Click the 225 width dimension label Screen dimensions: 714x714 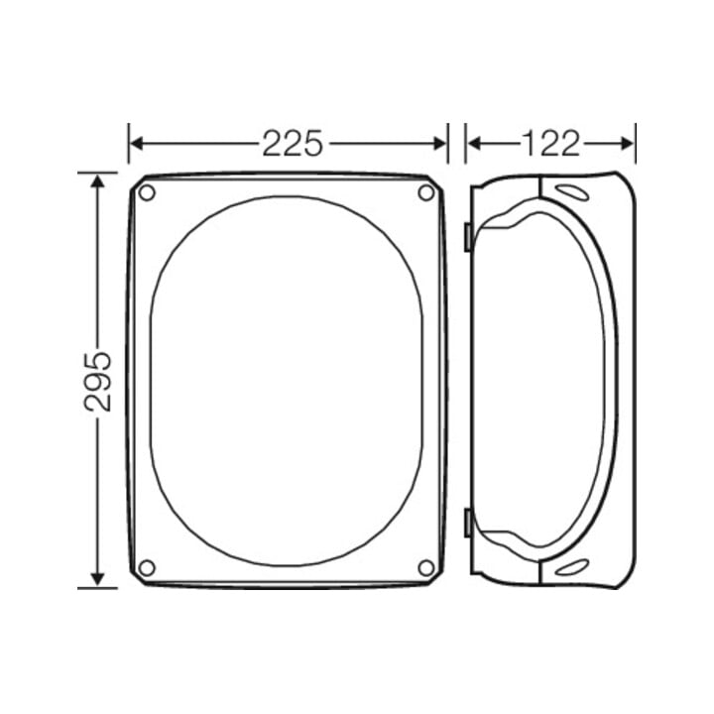point(293,144)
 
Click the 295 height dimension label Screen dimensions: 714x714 point(98,381)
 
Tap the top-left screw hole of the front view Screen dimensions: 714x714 point(147,192)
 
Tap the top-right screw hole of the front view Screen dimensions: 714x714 point(426,192)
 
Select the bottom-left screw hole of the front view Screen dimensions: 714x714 point(147,568)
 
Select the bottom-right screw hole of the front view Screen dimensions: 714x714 point(426,568)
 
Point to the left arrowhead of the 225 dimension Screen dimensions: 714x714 point(137,144)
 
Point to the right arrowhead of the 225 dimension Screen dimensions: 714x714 point(440,144)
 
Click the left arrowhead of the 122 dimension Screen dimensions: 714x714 point(474,144)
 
